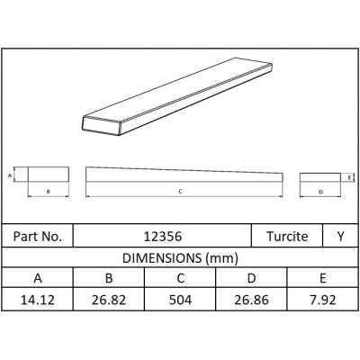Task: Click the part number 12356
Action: point(163,237)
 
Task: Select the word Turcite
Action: point(287,237)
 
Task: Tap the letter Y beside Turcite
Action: point(340,237)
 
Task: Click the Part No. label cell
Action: point(38,237)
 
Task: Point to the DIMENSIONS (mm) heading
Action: point(180,258)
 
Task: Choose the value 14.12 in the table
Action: point(38,300)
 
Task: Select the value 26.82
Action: point(109,300)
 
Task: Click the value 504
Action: point(180,300)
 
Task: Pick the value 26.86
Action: point(251,300)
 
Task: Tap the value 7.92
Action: point(323,300)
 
